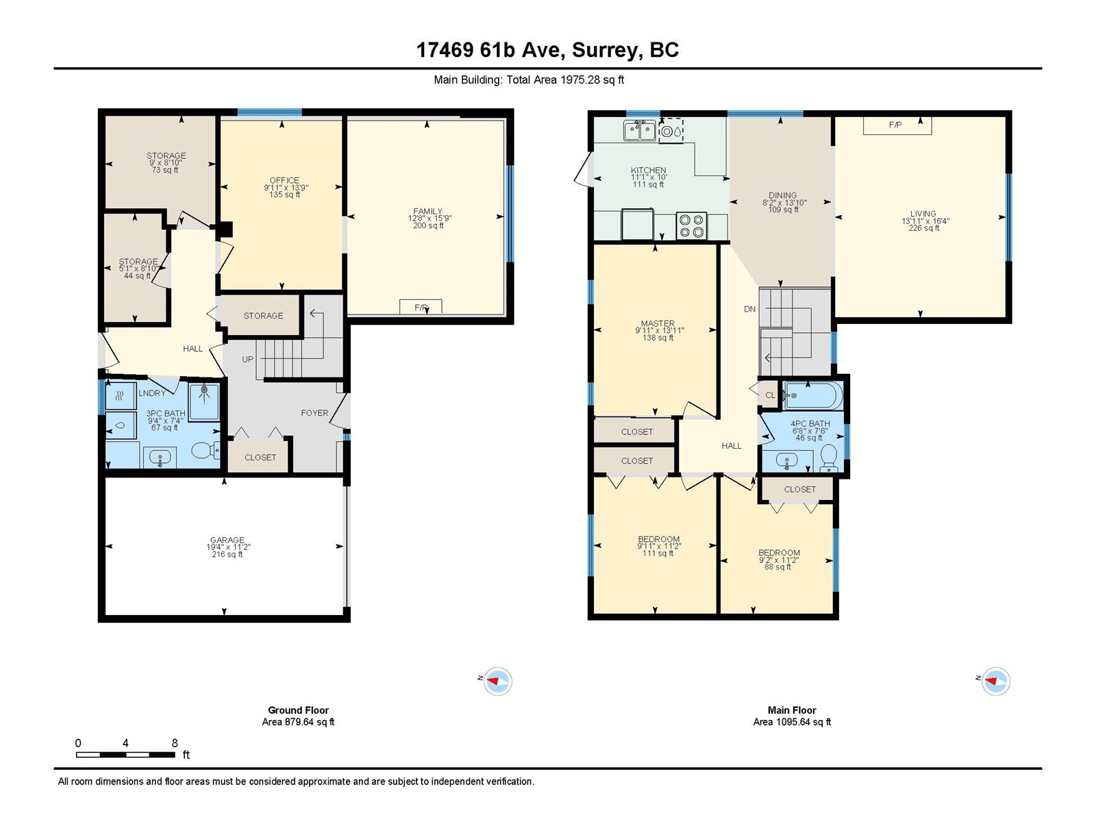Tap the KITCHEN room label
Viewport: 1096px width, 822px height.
(648, 170)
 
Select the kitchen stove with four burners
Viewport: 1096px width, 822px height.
(692, 225)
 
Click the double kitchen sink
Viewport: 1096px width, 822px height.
(640, 131)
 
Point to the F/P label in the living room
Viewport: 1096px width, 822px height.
(895, 125)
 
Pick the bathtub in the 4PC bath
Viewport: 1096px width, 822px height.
(813, 395)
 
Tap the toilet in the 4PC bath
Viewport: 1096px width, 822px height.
(828, 458)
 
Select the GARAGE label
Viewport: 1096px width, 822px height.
(227, 540)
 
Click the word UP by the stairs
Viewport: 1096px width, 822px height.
(248, 360)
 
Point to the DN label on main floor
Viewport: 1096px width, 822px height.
(749, 309)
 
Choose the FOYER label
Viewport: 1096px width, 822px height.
(314, 413)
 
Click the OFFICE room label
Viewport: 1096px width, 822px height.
(284, 180)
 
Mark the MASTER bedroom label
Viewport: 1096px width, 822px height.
(658, 323)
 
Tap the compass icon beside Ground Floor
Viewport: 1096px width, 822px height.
(497, 681)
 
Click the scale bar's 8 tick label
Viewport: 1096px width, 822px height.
(175, 743)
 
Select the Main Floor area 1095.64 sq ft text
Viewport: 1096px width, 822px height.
(792, 722)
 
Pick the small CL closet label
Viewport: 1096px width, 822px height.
(770, 395)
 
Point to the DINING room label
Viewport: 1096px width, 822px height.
(782, 195)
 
